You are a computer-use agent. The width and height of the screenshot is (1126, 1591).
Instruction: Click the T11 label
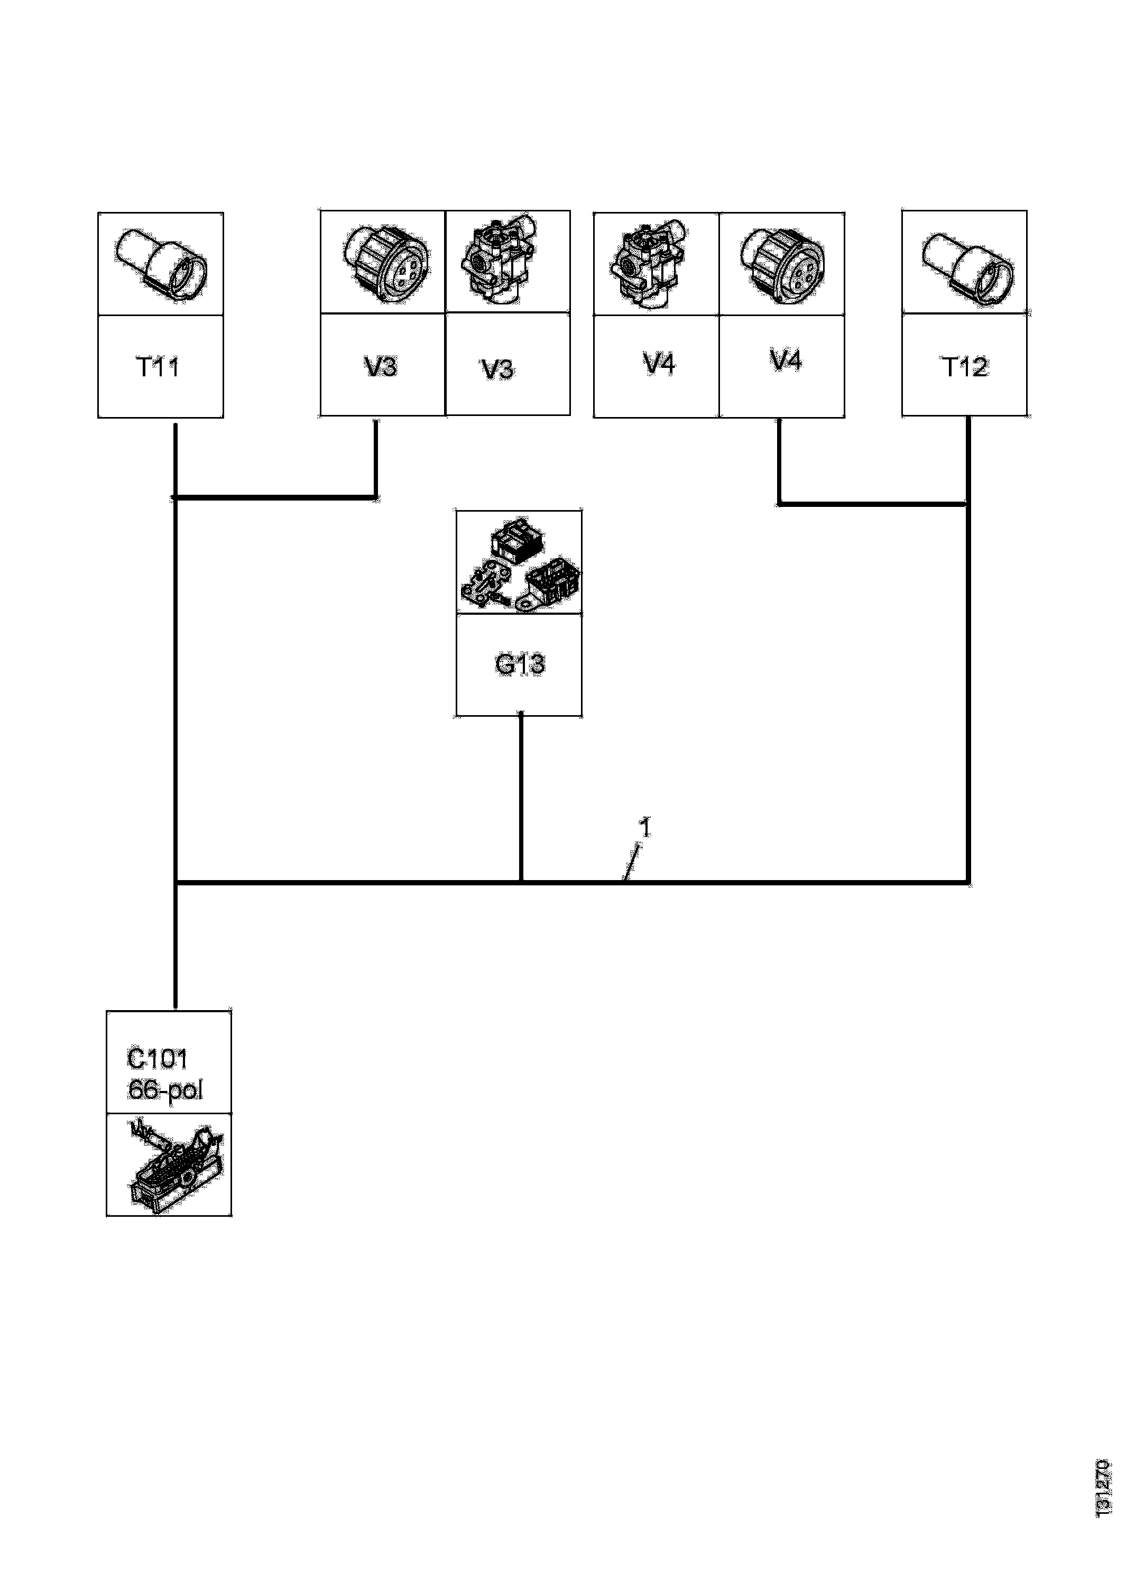point(158,367)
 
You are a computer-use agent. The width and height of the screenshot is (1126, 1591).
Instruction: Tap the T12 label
point(964,367)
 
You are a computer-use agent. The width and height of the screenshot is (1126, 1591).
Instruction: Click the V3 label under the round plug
point(381,366)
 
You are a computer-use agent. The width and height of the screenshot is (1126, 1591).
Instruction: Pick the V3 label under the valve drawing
point(498,369)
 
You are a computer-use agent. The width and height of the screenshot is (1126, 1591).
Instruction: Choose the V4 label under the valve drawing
point(659,363)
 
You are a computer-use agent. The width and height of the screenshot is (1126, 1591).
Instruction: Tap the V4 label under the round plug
point(786,360)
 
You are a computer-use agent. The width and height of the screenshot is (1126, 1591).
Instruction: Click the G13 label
point(519,664)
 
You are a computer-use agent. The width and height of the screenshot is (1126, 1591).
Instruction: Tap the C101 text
point(158,1059)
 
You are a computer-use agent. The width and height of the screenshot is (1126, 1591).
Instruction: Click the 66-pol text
point(165,1090)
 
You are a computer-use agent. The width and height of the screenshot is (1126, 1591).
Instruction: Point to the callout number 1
point(645,828)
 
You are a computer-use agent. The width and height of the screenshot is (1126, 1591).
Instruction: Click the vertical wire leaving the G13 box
point(521,797)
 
